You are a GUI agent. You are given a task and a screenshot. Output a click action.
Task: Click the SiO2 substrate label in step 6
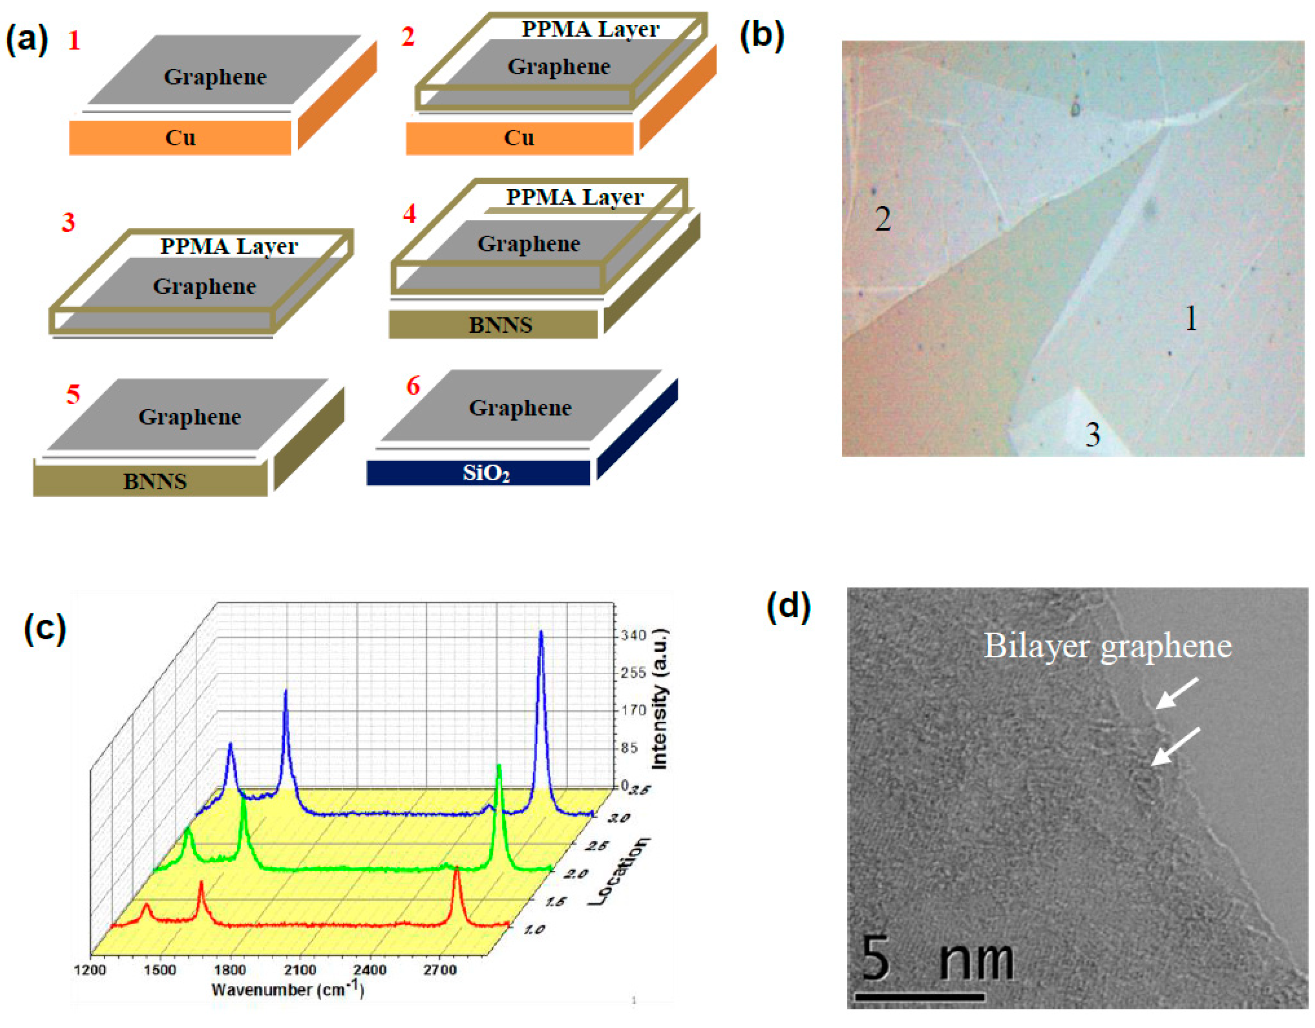[485, 473]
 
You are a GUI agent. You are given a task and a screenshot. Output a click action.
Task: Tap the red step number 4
[409, 214]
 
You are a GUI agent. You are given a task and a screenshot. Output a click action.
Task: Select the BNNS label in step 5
[155, 481]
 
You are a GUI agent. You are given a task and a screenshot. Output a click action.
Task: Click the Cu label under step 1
[180, 138]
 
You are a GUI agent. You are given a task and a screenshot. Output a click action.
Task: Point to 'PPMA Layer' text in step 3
[229, 246]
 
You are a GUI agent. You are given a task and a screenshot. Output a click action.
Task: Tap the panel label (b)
[762, 36]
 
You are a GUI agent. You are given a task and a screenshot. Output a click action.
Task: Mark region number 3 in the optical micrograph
[1093, 434]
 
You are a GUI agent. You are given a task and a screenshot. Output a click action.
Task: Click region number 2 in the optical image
[883, 219]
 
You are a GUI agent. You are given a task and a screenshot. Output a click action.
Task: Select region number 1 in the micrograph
[1190, 319]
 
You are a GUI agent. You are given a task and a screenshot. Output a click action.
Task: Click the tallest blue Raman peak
[541, 633]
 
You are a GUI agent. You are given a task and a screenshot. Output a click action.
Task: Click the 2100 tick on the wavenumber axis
[299, 970]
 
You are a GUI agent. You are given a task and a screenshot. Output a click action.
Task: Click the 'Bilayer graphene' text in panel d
[1108, 646]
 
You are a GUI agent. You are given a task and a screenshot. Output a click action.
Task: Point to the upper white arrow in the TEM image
[1177, 693]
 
